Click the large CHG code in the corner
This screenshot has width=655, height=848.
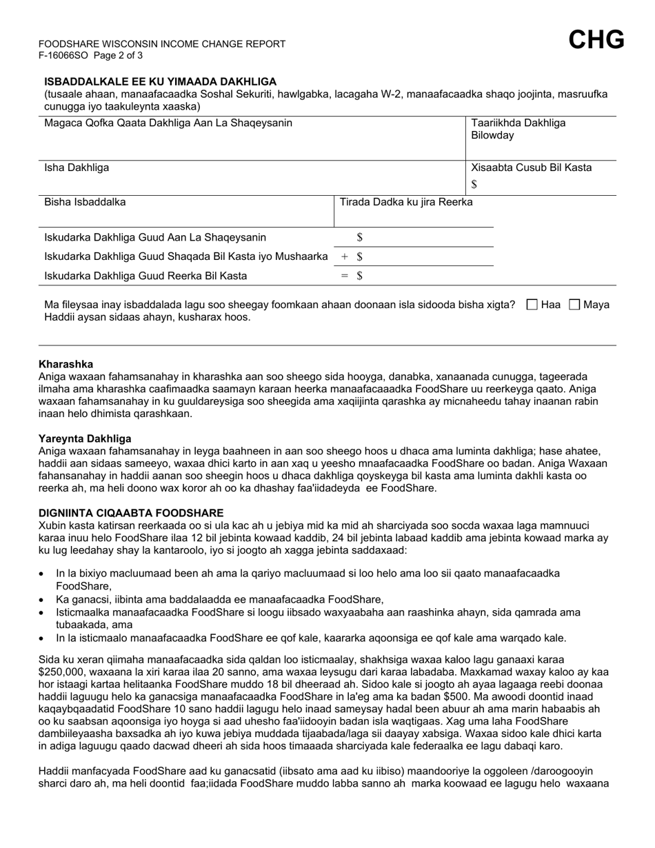[596, 40]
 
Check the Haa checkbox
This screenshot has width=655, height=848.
[532, 305]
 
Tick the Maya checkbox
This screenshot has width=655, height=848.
[575, 305]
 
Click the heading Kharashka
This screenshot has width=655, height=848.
[66, 364]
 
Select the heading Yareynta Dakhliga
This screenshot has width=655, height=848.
[85, 438]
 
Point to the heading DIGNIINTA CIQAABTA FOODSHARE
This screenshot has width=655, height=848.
[131, 513]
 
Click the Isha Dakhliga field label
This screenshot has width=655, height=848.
[77, 168]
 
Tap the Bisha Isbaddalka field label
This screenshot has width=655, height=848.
[85, 202]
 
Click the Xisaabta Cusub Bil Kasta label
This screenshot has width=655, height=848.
[531, 168]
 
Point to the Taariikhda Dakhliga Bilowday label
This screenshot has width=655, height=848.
[518, 129]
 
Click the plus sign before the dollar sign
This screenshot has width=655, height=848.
[345, 256]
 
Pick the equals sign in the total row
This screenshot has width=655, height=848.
[345, 276]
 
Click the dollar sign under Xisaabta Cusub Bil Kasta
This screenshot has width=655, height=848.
[474, 184]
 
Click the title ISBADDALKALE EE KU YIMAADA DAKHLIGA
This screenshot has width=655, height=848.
[161, 81]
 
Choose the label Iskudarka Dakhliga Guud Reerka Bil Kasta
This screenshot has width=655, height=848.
[145, 276]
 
